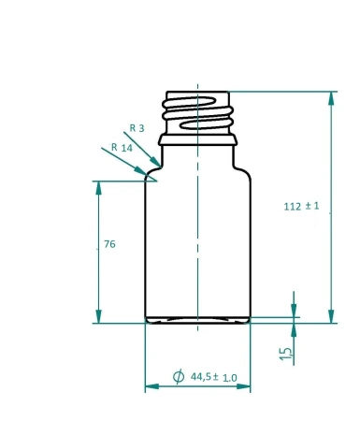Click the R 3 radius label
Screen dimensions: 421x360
(137, 128)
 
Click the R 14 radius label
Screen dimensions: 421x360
(121, 148)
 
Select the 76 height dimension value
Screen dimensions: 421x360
(109, 245)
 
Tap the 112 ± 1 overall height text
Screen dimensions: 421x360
(302, 207)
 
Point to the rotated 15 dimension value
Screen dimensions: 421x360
(286, 352)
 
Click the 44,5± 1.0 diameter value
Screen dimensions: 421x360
(214, 377)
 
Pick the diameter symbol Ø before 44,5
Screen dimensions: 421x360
(179, 377)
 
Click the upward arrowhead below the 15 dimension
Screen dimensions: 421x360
(294, 330)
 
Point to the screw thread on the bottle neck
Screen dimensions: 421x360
(197, 114)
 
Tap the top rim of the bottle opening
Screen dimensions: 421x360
(197, 93)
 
